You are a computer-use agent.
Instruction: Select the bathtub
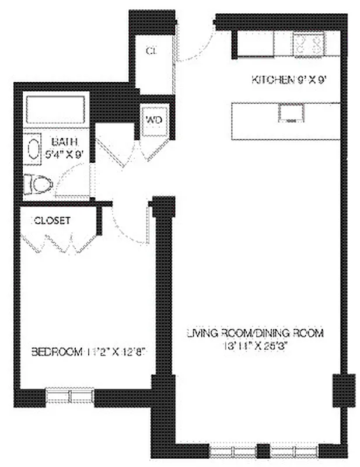[56, 110]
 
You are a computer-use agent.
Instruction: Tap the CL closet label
[152, 51]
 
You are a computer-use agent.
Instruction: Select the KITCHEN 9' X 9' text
[287, 80]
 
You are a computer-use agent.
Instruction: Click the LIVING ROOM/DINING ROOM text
[254, 333]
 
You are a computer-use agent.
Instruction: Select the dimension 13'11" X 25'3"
[254, 345]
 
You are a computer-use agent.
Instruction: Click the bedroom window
[69, 396]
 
